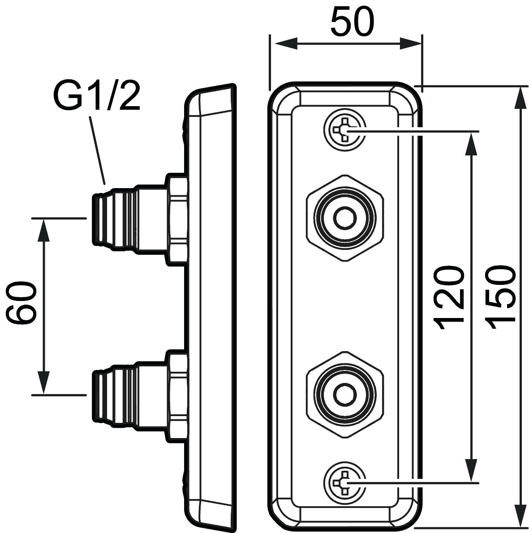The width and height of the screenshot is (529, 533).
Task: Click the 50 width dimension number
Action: [x=352, y=22]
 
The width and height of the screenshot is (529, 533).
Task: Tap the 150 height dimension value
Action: [x=499, y=298]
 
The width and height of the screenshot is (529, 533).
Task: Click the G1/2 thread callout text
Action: [x=96, y=95]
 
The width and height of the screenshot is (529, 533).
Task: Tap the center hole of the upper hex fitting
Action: [x=344, y=218]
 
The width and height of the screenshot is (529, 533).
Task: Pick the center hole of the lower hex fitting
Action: [x=344, y=394]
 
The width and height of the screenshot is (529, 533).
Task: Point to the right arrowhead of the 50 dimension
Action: [x=410, y=43]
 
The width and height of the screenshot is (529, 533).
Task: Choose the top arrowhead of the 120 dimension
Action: [x=470, y=143]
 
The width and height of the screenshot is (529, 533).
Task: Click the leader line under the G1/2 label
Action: [x=98, y=150]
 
